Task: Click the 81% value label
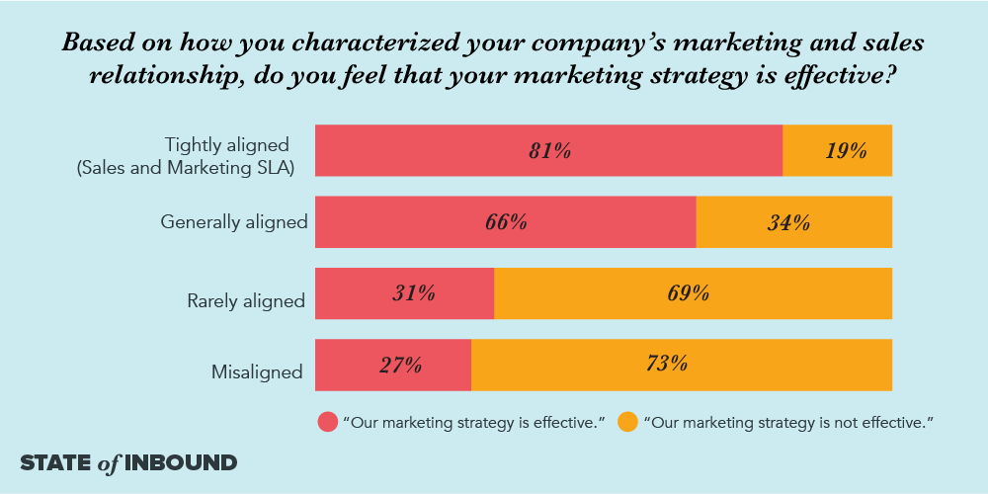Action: (549, 151)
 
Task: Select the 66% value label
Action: (505, 222)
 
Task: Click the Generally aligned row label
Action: (234, 222)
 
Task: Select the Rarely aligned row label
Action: (246, 300)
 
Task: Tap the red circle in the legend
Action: (327, 422)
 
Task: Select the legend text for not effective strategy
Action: (787, 423)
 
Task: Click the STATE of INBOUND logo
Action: (128, 462)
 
